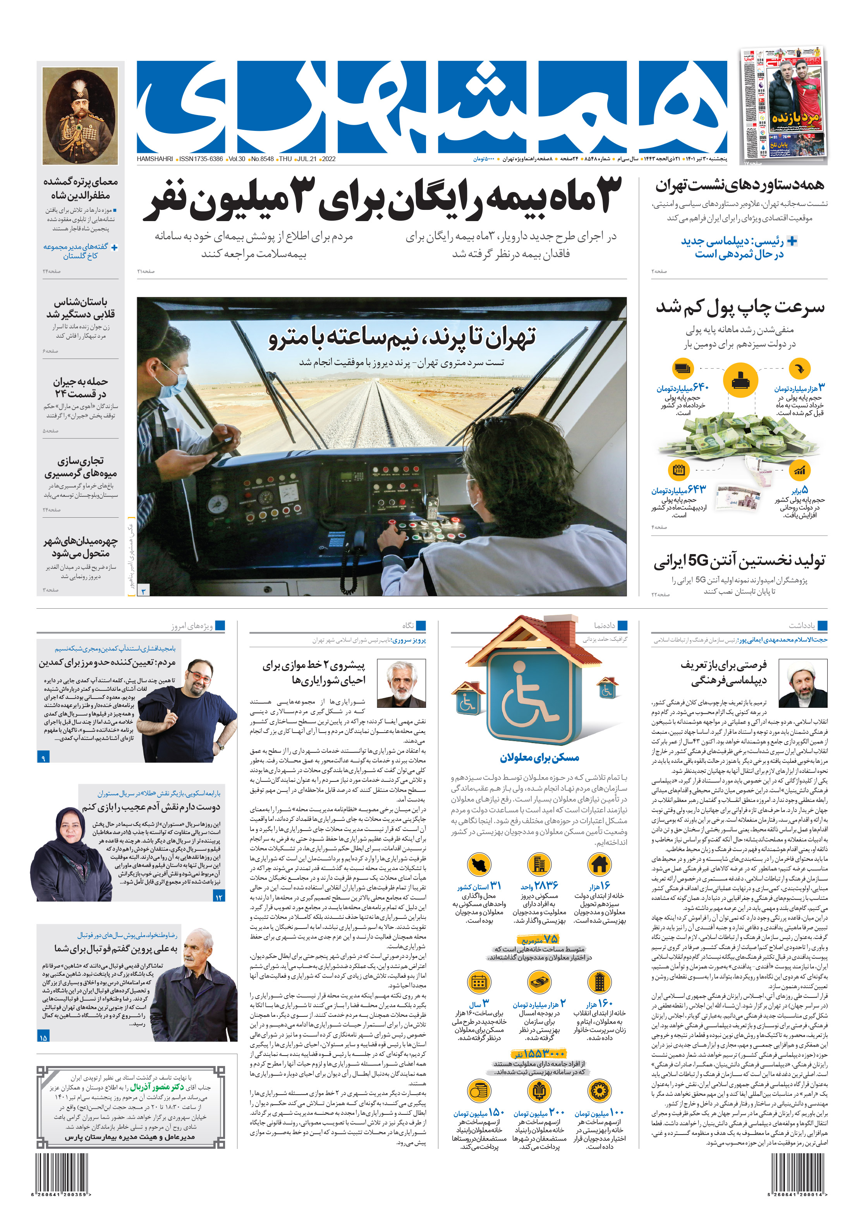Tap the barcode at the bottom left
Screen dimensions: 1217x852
tap(62, 1172)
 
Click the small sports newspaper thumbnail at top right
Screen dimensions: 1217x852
tap(783, 103)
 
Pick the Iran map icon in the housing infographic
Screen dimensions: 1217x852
tap(479, 864)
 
